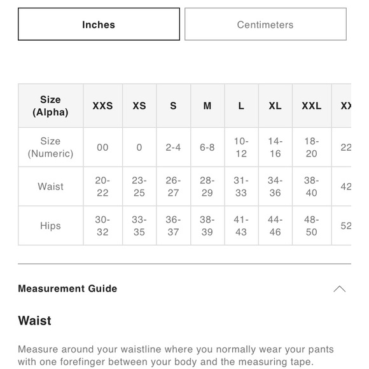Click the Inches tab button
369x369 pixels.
tap(99, 25)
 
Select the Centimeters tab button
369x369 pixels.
tap(265, 25)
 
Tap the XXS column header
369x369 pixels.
tap(102, 106)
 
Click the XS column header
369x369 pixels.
tap(139, 106)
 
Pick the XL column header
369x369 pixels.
tap(275, 106)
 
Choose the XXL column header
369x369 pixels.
tap(311, 106)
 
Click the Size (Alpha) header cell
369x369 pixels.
tap(50, 106)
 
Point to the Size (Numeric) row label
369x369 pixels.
tap(50, 148)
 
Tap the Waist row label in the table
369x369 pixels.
tap(50, 186)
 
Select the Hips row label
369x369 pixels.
tap(50, 226)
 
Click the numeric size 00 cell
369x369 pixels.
tap(102, 148)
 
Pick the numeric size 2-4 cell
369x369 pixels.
tap(173, 148)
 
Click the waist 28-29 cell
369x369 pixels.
tap(207, 186)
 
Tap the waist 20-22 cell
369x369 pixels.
tap(102, 186)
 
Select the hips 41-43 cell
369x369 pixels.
tap(241, 226)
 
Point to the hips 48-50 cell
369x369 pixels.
tap(311, 226)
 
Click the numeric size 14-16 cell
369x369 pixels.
tap(275, 148)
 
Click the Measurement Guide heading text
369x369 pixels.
tap(67, 289)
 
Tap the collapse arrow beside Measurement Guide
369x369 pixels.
tap(339, 289)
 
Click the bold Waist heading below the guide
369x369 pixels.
tap(35, 321)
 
